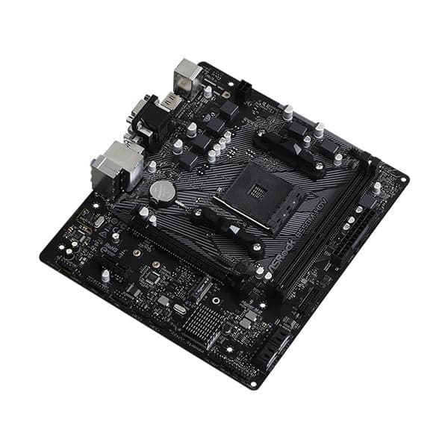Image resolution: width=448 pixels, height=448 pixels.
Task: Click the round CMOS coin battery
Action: tap(161, 193)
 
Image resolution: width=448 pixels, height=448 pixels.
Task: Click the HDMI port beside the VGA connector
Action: tap(171, 100)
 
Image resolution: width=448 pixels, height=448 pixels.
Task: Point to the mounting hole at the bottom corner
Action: tap(254, 385)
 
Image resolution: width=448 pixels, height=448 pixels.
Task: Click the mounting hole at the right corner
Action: tap(404, 179)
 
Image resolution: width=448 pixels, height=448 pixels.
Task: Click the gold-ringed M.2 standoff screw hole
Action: tap(137, 252)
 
